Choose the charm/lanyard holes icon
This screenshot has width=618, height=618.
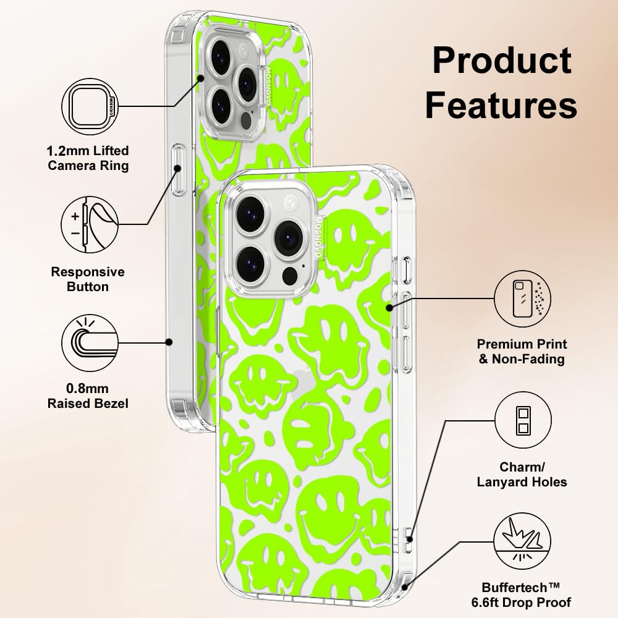point(522,421)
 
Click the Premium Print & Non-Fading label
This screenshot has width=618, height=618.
point(522,351)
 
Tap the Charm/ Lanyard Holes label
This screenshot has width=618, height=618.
point(522,474)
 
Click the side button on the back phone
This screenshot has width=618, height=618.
point(179,171)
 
